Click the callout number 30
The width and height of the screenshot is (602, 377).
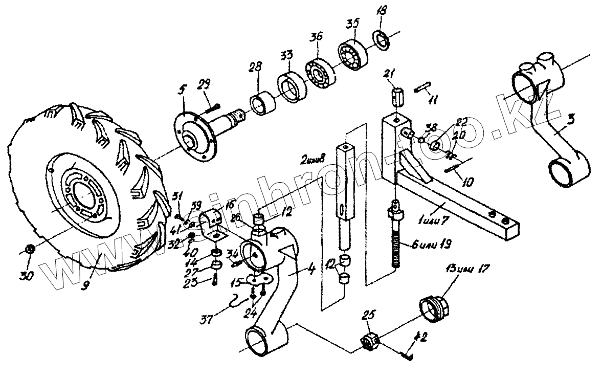tap(26, 276)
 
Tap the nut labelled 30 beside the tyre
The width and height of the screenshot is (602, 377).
tap(30, 250)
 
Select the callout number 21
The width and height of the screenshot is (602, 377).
tap(390, 76)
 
